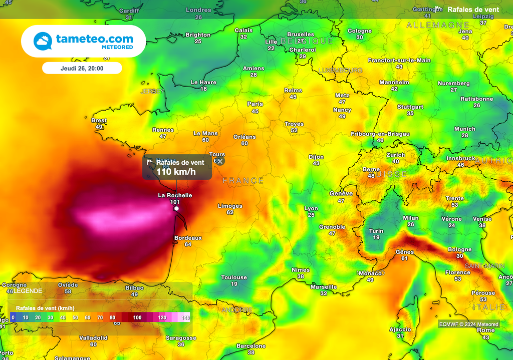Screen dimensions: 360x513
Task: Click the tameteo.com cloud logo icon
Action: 43,41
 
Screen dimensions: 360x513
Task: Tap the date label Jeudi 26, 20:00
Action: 82,68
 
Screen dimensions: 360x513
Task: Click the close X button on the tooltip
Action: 220,161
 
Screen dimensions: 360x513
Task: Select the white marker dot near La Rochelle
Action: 176,208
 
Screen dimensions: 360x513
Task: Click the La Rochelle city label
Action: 175,195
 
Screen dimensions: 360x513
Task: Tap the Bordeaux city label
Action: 188,238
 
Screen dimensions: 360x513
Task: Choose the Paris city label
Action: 255,104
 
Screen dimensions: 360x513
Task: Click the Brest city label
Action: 99,121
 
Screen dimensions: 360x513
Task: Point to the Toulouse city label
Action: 234,277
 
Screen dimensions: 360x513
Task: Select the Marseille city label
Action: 323,287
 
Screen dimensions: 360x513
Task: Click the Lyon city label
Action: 311,208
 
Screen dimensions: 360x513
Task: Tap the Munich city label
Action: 464,129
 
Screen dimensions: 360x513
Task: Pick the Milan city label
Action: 411,218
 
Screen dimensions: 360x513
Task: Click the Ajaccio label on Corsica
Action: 400,329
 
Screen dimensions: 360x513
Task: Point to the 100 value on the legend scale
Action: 137,317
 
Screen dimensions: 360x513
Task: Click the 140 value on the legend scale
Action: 185,317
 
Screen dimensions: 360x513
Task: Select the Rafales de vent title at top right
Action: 472,10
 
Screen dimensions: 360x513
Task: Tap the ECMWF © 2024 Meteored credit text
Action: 469,324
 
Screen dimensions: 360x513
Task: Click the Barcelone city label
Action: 251,346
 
